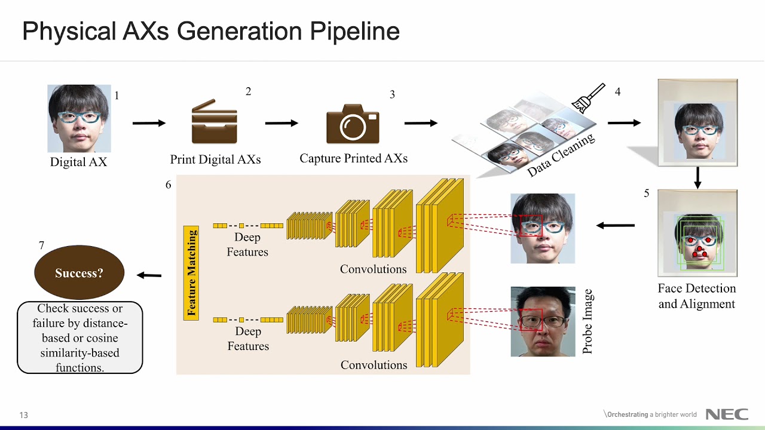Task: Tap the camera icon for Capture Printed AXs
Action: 353,124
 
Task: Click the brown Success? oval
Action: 79,273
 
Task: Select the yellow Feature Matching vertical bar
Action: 191,273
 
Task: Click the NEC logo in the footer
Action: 727,414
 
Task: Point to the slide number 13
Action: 24,415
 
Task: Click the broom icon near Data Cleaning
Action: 589,99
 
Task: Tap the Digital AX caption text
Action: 78,162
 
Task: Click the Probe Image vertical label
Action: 587,322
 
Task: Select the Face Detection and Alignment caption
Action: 697,296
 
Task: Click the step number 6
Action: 168,185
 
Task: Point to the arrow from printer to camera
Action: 281,123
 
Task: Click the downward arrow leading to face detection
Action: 697,177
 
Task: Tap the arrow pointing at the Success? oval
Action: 149,275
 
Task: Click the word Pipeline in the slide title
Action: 354,31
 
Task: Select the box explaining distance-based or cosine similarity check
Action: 80,337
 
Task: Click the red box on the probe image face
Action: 531,320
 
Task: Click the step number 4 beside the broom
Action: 617,92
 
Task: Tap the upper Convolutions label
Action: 373,269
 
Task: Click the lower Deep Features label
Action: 247,339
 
